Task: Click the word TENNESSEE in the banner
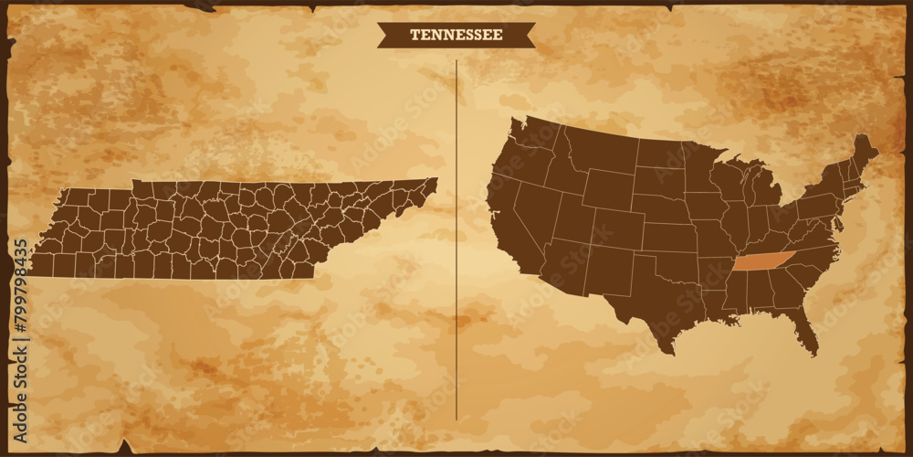coord(456,35)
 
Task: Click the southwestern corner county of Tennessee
coord(42,265)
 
